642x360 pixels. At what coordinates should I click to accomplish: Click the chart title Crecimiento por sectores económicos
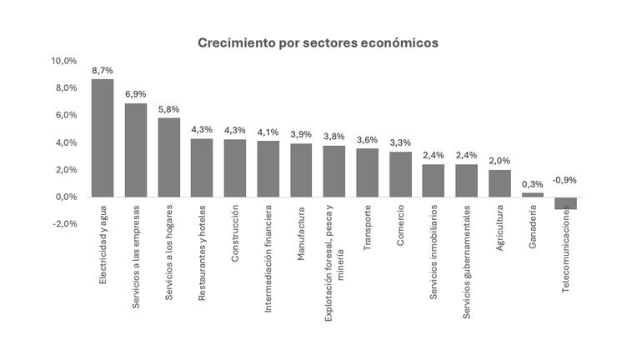click(x=318, y=42)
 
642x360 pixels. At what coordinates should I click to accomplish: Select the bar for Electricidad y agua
click(x=103, y=137)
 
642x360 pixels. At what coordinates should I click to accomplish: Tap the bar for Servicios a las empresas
click(x=136, y=150)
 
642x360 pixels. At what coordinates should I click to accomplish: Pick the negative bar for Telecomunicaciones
click(x=565, y=202)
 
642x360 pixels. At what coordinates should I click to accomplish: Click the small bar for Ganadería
click(x=533, y=195)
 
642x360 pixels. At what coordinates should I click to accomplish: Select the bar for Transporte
click(x=367, y=172)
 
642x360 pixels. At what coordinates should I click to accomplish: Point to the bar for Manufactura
click(x=301, y=170)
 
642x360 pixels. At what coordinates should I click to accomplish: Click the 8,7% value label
click(x=103, y=70)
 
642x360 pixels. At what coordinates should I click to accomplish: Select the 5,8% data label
click(x=168, y=109)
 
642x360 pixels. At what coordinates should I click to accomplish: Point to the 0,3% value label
click(x=533, y=184)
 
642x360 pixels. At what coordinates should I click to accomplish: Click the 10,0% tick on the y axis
click(x=64, y=61)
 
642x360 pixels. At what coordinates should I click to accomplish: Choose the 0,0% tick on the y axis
click(x=66, y=197)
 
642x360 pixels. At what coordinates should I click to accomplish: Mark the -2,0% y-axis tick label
click(x=64, y=223)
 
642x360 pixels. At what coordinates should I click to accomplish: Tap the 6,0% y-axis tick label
click(x=66, y=115)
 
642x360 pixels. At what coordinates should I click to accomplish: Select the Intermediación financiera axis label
click(x=268, y=258)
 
